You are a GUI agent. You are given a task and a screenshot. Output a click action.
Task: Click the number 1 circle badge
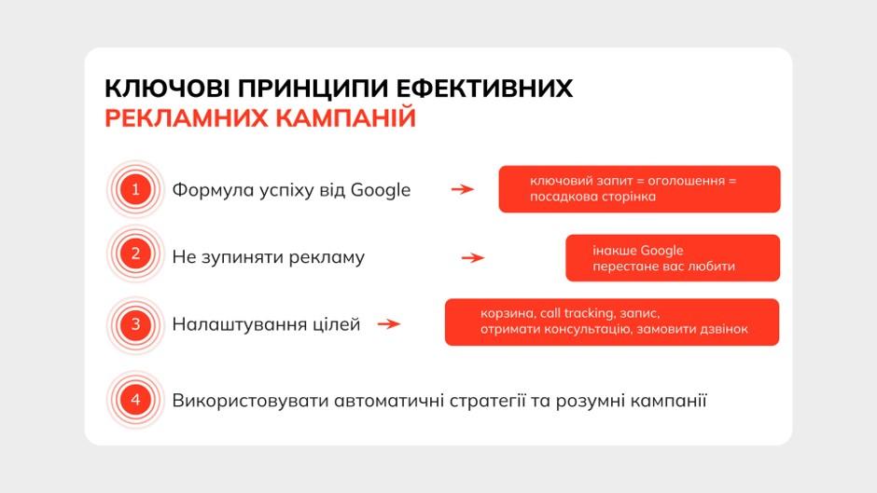pyautogui.click(x=135, y=189)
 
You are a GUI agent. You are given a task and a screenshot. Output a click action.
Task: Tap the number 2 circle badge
pyautogui.click(x=135, y=253)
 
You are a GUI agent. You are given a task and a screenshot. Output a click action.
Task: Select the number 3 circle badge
pyautogui.click(x=135, y=324)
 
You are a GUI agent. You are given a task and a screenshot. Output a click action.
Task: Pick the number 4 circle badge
pyautogui.click(x=135, y=400)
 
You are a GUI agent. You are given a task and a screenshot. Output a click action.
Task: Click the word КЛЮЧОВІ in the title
pyautogui.click(x=167, y=89)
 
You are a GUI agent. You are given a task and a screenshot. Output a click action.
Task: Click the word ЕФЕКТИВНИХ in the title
pyautogui.click(x=484, y=89)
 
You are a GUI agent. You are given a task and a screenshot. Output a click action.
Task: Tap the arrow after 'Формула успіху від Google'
pyautogui.click(x=463, y=189)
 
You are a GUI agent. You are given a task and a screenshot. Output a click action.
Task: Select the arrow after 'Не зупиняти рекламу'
pyautogui.click(x=473, y=257)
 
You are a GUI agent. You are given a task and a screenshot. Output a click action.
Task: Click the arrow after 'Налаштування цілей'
pyautogui.click(x=389, y=323)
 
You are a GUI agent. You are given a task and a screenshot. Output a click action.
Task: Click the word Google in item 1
pyautogui.click(x=381, y=191)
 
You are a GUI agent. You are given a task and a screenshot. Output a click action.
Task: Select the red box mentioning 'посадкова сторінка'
pyautogui.click(x=639, y=189)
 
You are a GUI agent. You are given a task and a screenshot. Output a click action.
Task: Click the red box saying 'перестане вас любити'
pyautogui.click(x=673, y=257)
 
